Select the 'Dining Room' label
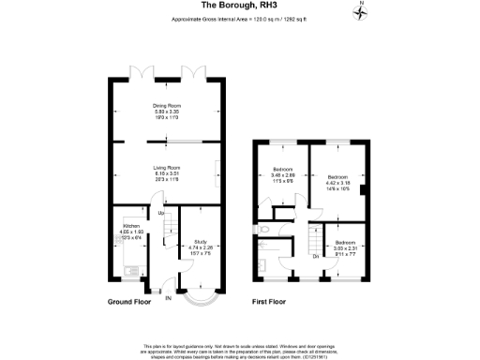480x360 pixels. pyautogui.click(x=167, y=105)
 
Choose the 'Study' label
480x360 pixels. pyautogui.click(x=200, y=242)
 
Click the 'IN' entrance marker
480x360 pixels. pyautogui.click(x=169, y=299)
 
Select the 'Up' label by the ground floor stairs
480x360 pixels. pyautogui.click(x=160, y=213)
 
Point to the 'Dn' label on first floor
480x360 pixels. pyautogui.click(x=314, y=255)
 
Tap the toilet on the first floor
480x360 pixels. pyautogui.click(x=265, y=229)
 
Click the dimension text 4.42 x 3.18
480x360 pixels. pyautogui.click(x=337, y=182)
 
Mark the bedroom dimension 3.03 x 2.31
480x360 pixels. pyautogui.click(x=346, y=247)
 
